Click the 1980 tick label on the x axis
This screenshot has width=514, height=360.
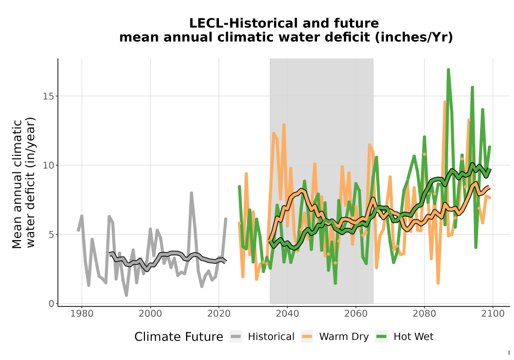(82, 314)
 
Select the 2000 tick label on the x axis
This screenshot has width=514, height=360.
(150, 314)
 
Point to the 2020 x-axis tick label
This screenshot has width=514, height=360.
(218, 314)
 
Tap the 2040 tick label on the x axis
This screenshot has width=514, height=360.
(287, 314)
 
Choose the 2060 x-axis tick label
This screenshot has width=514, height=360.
(356, 314)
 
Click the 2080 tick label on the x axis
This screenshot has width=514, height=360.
(424, 314)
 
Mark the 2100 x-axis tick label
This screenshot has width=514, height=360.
(493, 314)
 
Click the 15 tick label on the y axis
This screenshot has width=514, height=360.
(48, 96)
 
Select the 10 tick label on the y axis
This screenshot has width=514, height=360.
(48, 165)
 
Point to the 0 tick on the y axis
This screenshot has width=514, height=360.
(51, 303)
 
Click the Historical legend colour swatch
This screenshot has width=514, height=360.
(236, 337)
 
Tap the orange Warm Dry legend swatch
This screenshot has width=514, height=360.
(307, 337)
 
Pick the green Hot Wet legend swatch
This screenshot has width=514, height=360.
(381, 337)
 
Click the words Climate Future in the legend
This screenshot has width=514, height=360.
(179, 337)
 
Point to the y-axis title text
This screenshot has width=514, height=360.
(24, 183)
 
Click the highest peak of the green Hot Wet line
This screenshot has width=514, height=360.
(448, 69)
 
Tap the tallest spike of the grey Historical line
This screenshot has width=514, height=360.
(191, 193)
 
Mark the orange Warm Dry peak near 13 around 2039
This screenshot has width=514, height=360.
(284, 125)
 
